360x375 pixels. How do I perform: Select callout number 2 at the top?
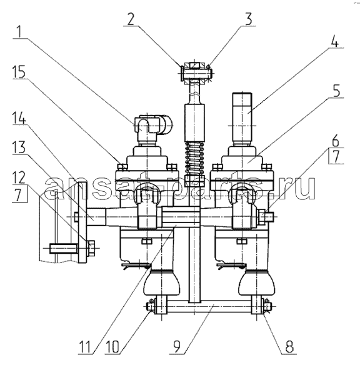pos(131,19)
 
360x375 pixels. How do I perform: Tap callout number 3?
pos(248,19)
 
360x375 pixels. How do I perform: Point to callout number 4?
pos(335,41)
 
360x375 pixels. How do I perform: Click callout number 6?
pos(336,141)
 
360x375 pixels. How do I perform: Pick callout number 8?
pos(289,346)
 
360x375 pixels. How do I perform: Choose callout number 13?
pos(19,147)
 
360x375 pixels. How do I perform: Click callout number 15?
pos(19,71)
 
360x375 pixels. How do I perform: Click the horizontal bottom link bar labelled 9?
pos(210,307)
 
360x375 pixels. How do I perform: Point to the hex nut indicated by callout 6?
pos(262,216)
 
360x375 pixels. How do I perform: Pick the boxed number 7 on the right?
pos(336,156)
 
